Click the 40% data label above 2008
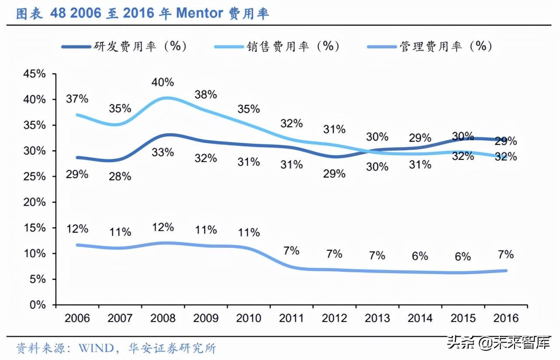point(163,82)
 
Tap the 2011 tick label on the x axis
point(291,318)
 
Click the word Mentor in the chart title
point(200,14)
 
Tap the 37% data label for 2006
point(77,99)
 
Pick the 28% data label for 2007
point(120,176)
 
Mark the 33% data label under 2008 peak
point(163,152)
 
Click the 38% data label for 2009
point(206,94)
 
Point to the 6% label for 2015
point(463,257)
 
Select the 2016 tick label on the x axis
point(505,318)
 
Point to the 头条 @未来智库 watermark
point(498,343)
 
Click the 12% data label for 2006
point(77,228)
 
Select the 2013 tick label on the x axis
point(377,318)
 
